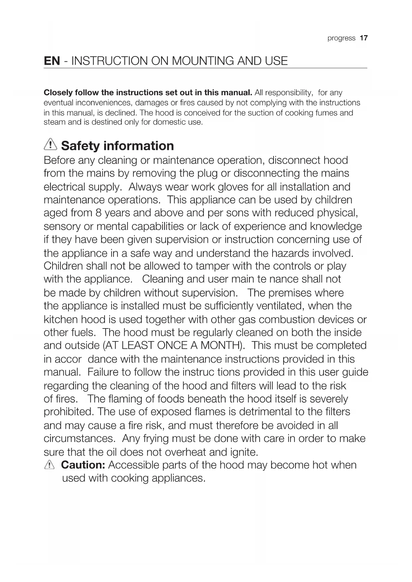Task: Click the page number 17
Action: click(364, 38)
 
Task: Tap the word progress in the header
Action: click(341, 38)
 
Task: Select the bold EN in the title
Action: click(52, 61)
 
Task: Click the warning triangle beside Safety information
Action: click(50, 145)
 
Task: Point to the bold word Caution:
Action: click(83, 465)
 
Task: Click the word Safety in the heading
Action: click(80, 146)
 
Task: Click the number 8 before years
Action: click(98, 213)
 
